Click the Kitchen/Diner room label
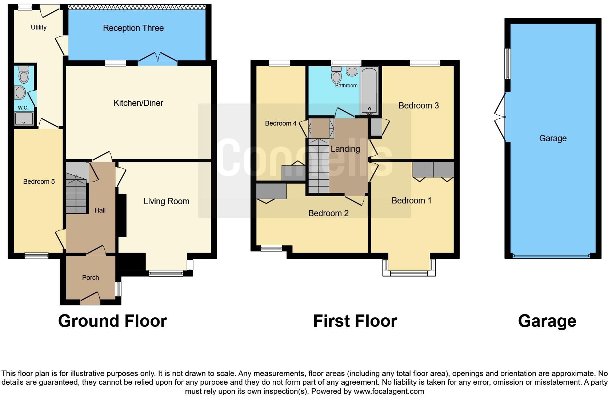coord(138,103)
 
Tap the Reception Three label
coord(133,28)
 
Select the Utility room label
coord(39,27)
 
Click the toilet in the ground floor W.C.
coord(24,75)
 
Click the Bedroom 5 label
coord(39,182)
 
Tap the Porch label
coord(91,278)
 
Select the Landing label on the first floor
coord(345,149)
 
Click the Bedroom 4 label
coord(280,123)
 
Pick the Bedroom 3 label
coord(419,106)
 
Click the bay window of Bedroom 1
coord(409,273)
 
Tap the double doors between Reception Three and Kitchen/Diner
coord(158,58)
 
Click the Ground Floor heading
coord(112,321)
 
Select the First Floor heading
coord(355,321)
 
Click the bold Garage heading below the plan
coord(547,321)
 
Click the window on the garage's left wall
coord(508,64)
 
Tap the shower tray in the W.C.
coord(24,119)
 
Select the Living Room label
coord(166,202)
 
